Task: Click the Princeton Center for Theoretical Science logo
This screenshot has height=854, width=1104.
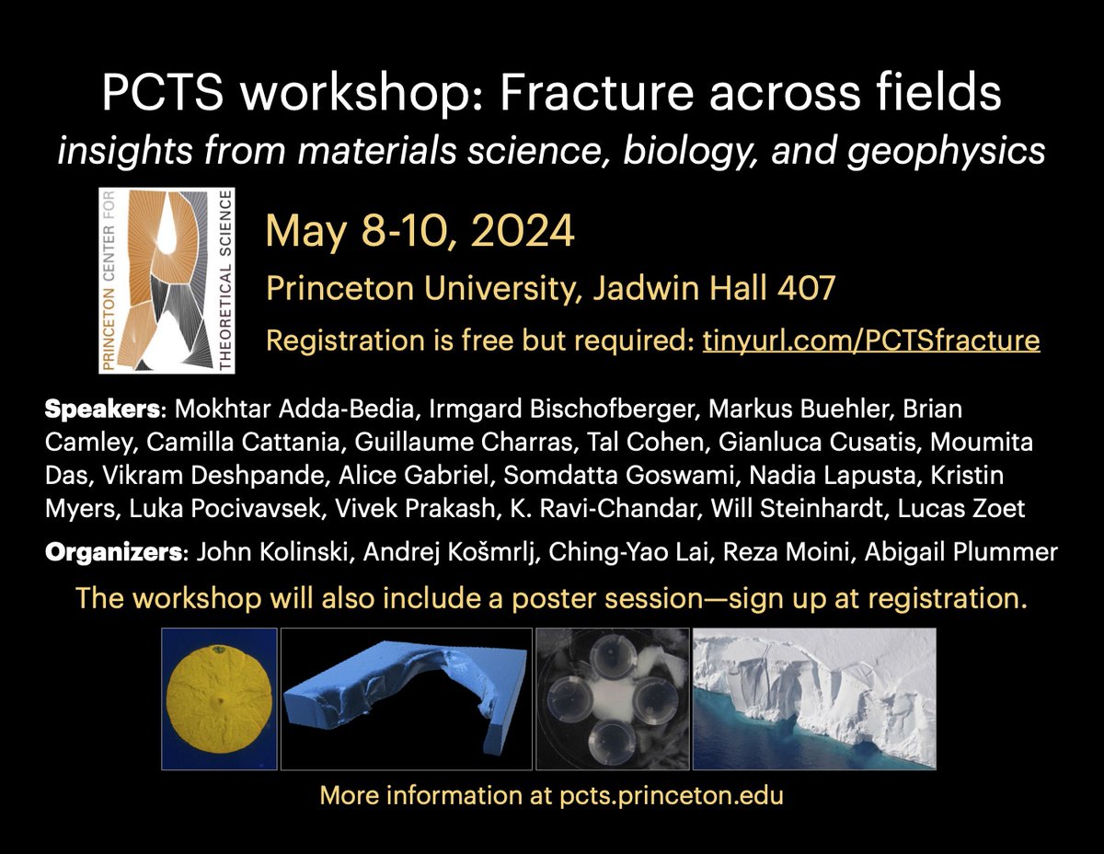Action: coord(167,280)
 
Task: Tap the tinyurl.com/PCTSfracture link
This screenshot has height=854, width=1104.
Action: coord(871,341)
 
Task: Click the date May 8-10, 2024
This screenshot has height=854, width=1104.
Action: coord(420,230)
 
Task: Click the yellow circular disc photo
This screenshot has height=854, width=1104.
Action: coord(219,698)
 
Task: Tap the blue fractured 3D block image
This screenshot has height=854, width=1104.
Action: coord(406,698)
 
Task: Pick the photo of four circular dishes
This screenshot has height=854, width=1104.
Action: coord(612,698)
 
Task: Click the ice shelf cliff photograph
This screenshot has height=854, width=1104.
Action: coord(813,698)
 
